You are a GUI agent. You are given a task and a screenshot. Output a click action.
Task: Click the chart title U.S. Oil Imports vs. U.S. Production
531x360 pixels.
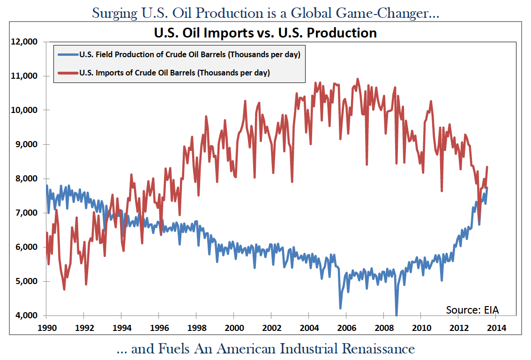pos(265,33)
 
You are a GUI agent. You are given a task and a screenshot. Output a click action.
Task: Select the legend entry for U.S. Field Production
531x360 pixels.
pos(190,54)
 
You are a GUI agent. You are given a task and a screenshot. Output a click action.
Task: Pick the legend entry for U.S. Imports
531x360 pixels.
pos(174,73)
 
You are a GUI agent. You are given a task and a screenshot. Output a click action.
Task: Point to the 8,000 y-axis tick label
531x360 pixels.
pos(25,179)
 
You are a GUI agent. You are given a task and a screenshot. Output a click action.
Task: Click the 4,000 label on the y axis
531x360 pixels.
pos(25,315)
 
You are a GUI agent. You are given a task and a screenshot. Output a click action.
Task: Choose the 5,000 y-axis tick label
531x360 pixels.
pos(25,281)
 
